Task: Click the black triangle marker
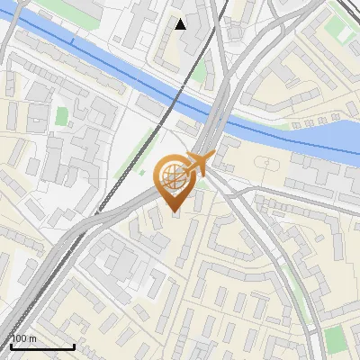coord(181,24)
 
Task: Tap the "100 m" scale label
coord(24,338)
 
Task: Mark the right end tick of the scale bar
coord(74,345)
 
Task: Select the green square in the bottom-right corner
coord(335,339)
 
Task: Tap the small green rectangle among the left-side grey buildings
coord(61,116)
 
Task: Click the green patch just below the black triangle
coord(199,72)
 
